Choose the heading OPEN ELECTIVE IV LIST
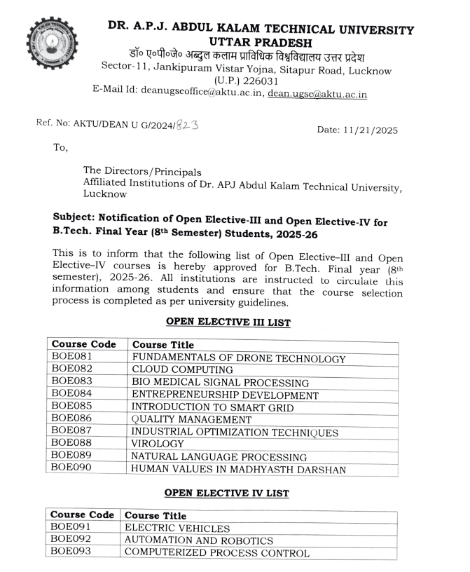226,493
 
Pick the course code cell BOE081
72,358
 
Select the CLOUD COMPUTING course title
182,370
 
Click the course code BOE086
72,419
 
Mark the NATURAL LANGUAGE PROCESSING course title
219,456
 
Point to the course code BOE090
72,468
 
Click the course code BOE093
72,553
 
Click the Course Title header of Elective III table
163,345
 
